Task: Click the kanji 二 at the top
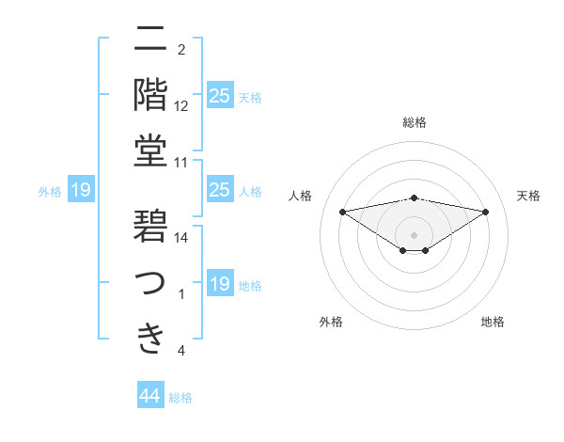(x=151, y=39)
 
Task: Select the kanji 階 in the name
(x=151, y=94)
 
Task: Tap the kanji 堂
(x=151, y=150)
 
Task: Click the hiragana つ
(x=151, y=282)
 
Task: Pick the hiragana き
(x=151, y=338)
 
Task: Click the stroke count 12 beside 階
(x=182, y=106)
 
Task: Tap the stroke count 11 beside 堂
(x=182, y=163)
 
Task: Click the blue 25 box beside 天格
(x=220, y=95)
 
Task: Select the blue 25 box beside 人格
(x=220, y=190)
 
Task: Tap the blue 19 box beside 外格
(x=81, y=190)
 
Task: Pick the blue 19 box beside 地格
(x=220, y=284)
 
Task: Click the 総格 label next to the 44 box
(x=180, y=398)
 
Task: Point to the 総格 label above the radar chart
(x=414, y=122)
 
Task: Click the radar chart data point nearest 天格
(x=486, y=212)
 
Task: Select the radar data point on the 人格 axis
(x=342, y=211)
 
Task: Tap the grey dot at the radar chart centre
(x=414, y=234)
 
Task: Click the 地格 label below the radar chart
(x=493, y=322)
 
